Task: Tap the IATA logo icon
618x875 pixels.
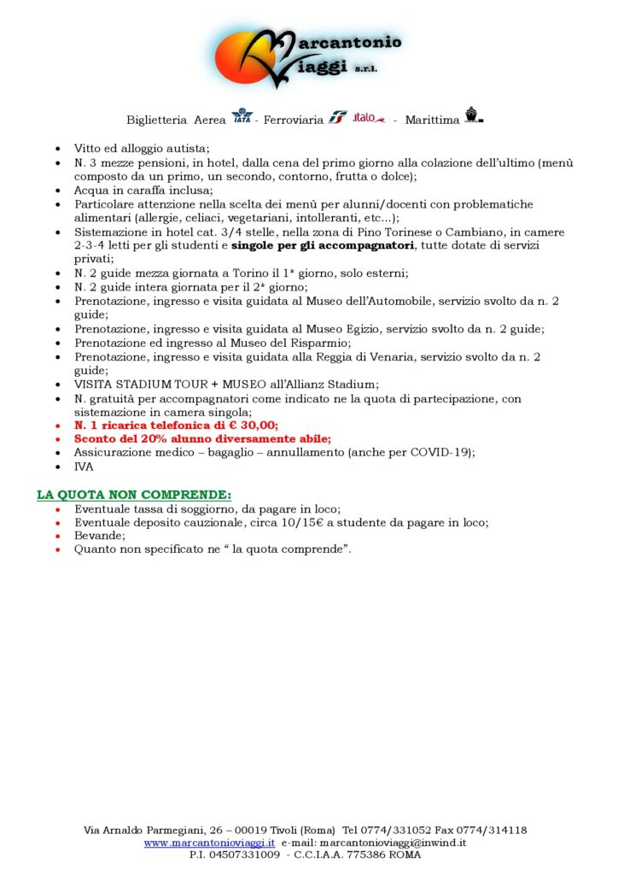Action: [x=242, y=116]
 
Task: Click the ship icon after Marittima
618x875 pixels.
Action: [x=473, y=115]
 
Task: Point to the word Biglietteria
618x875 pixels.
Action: [x=158, y=120]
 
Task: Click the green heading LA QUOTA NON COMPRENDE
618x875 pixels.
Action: [x=133, y=495]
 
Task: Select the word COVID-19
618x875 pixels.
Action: [x=444, y=453]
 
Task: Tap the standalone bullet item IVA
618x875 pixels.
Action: [x=84, y=467]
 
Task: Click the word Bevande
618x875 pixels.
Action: [x=99, y=536]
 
